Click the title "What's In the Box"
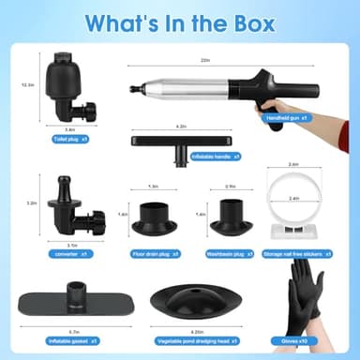pos(180,22)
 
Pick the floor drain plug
pos(152,217)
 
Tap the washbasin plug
pos(228,217)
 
